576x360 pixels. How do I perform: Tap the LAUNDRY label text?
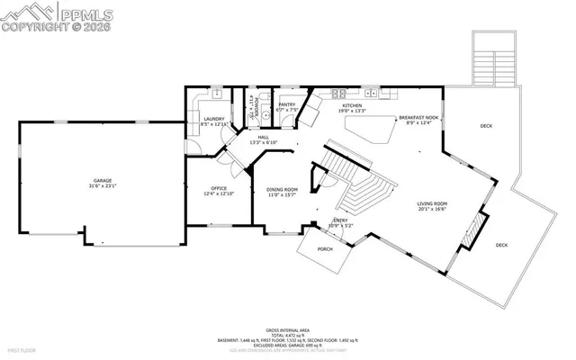coord(213,119)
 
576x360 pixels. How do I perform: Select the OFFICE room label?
coord(219,188)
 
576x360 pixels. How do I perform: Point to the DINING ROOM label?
coord(282,189)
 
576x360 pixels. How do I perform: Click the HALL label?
coord(264,137)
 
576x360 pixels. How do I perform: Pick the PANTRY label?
coord(287,104)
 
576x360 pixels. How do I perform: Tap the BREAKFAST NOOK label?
coord(418,117)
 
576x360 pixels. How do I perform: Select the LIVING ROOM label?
coord(432,204)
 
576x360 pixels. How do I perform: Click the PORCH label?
coord(325,249)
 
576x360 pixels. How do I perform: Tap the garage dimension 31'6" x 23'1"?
coord(103,186)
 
